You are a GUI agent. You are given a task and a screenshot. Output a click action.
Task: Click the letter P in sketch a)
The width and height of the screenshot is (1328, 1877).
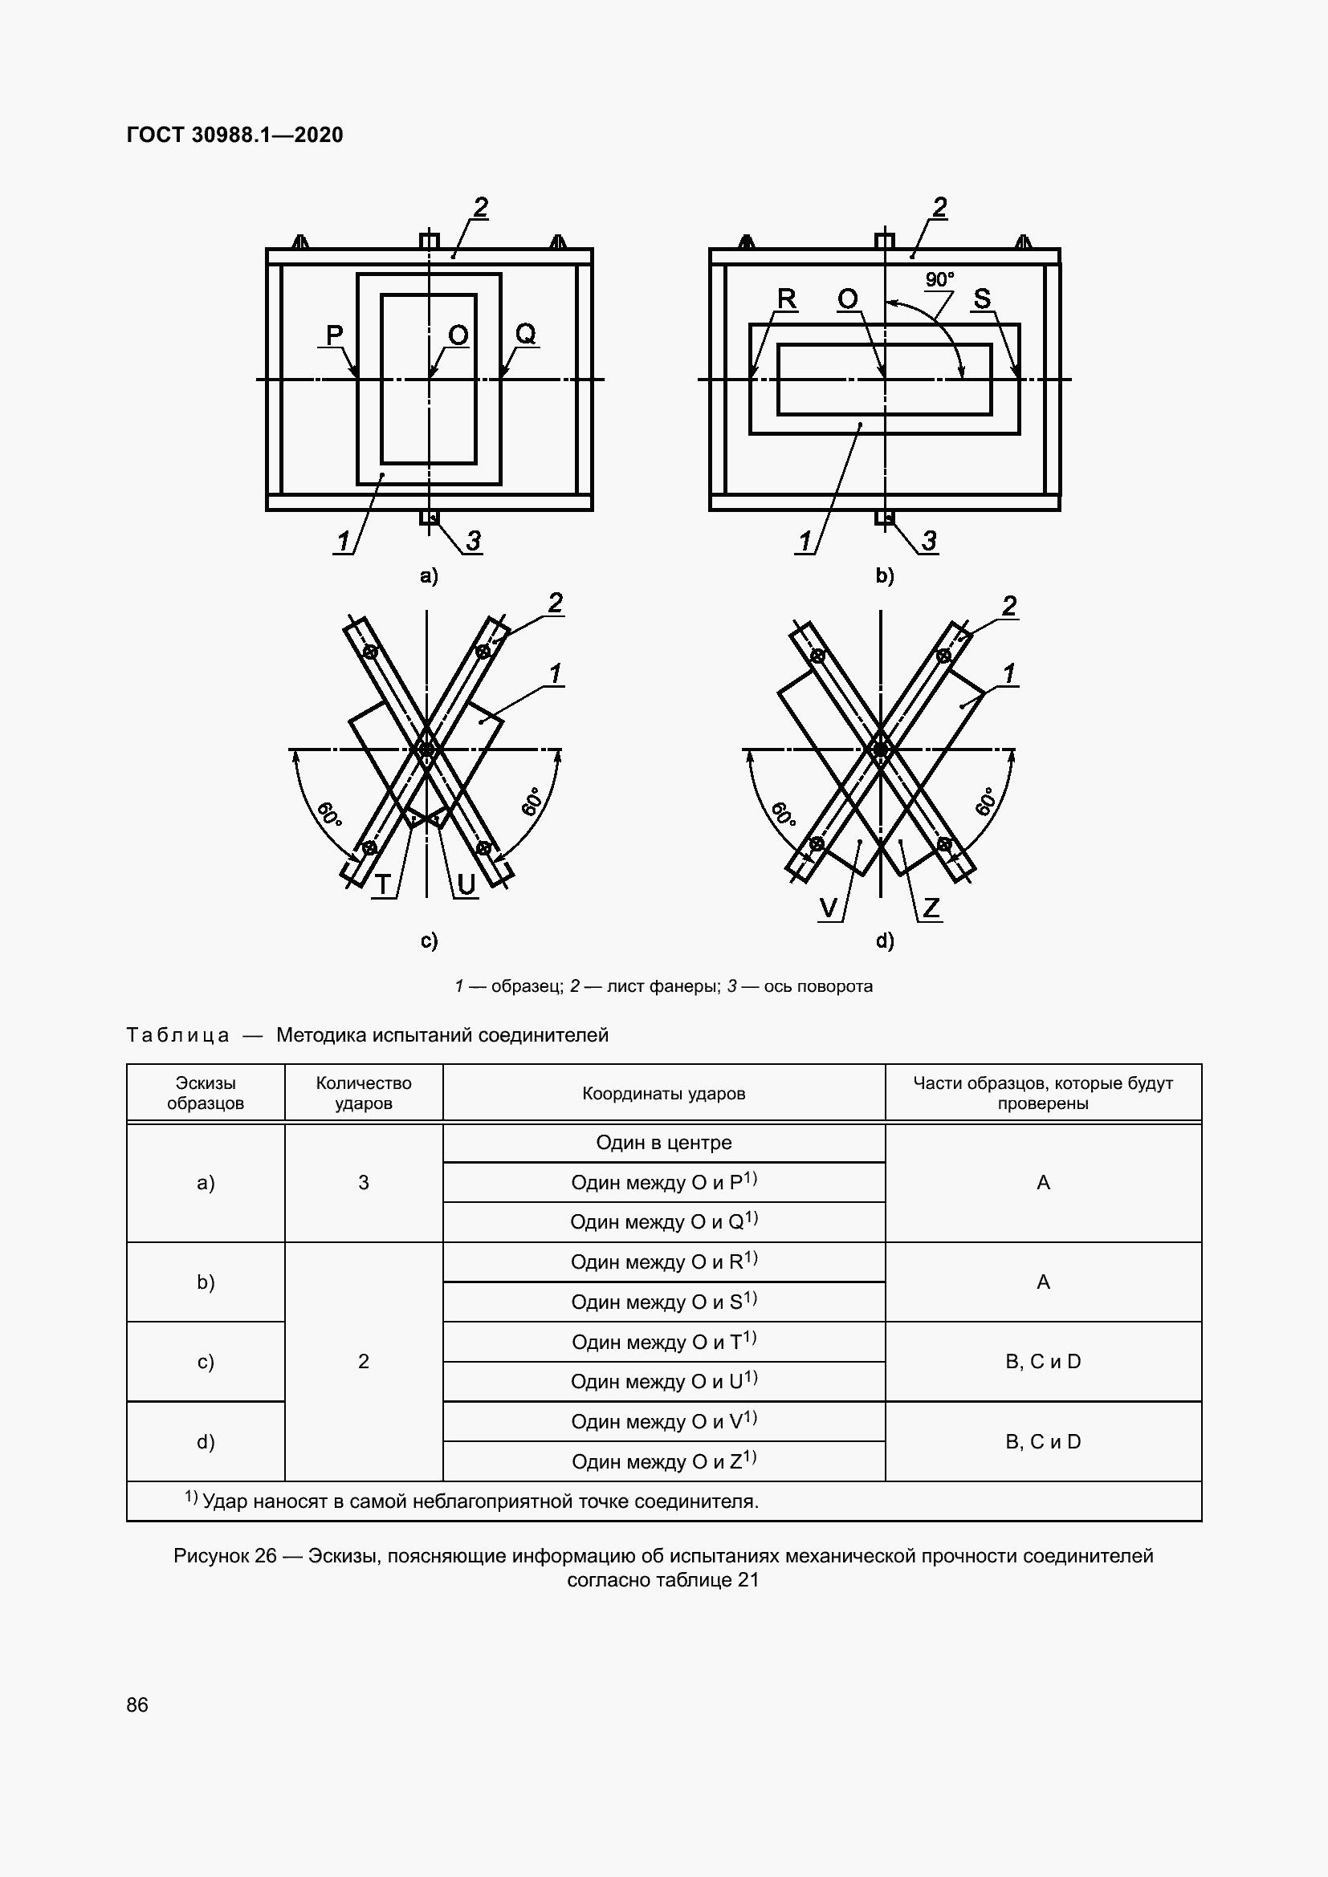click(335, 335)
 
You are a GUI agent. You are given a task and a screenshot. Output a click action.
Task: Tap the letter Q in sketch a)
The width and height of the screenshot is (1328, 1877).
click(525, 333)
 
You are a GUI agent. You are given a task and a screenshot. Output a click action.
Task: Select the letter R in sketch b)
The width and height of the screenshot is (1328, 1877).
click(786, 299)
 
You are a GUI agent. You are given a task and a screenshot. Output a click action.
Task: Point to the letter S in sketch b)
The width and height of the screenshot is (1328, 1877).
click(982, 299)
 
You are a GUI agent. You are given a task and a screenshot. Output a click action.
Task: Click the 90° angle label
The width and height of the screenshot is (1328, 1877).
click(939, 279)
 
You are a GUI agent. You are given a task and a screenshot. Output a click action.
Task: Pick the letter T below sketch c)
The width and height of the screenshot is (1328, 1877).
click(383, 884)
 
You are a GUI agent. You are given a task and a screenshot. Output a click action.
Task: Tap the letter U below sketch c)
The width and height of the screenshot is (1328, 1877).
click(466, 884)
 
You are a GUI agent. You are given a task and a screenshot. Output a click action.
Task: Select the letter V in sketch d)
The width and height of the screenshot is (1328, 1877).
click(829, 908)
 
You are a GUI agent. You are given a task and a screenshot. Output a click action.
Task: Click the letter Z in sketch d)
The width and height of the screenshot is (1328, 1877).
click(931, 908)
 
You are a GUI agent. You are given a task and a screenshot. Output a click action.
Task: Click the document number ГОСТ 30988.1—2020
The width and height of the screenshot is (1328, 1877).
click(234, 135)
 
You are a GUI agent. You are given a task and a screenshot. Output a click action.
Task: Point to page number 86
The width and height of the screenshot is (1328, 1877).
click(137, 1704)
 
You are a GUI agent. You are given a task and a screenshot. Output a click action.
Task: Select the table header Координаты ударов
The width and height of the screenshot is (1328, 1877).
click(663, 1094)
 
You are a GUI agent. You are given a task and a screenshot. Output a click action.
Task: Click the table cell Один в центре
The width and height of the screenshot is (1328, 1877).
click(663, 1143)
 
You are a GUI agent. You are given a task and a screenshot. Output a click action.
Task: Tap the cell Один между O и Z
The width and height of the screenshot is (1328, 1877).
click(663, 1461)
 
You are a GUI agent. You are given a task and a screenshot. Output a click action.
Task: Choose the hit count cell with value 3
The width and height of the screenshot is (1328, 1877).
click(363, 1182)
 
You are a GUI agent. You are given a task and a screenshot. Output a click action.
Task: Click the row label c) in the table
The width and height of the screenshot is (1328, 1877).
click(206, 1361)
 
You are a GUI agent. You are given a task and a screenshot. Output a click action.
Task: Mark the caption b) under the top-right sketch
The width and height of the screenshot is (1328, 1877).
click(885, 575)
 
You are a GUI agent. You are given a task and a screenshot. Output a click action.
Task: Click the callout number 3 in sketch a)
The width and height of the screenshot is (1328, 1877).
click(473, 540)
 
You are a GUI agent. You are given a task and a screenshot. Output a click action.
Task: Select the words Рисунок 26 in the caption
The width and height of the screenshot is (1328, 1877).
click(225, 1556)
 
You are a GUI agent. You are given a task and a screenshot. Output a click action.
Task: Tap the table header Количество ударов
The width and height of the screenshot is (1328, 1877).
click(363, 1093)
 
